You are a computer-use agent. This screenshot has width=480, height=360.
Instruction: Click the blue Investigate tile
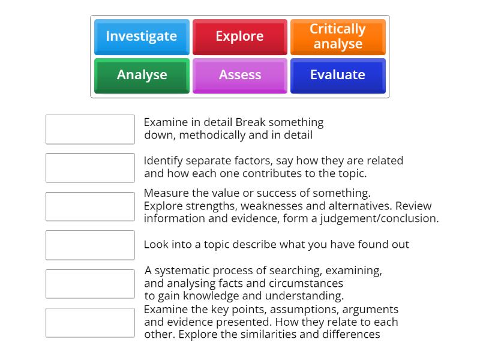point(142,37)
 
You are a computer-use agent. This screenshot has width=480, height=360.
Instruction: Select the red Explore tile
point(240,37)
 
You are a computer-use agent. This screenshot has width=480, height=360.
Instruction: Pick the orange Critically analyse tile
point(338,37)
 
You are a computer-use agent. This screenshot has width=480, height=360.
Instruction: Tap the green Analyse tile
point(142,76)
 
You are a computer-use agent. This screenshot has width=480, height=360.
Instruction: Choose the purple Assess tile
point(240,76)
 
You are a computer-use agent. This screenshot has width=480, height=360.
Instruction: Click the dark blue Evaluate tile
point(338,76)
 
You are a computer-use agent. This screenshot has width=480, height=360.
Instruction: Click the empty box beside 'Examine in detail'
point(90,130)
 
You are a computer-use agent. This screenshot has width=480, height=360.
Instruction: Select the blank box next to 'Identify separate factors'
point(90,168)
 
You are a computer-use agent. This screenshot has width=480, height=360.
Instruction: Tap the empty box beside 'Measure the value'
point(90,206)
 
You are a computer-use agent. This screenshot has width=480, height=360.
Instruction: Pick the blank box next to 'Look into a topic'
point(90,245)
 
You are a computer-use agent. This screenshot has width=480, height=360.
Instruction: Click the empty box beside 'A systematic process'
point(90,284)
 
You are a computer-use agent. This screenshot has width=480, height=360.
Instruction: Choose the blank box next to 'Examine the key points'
point(90,323)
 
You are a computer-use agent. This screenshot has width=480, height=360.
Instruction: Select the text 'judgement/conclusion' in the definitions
point(380,219)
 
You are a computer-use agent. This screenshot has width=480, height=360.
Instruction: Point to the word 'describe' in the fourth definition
point(254,245)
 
